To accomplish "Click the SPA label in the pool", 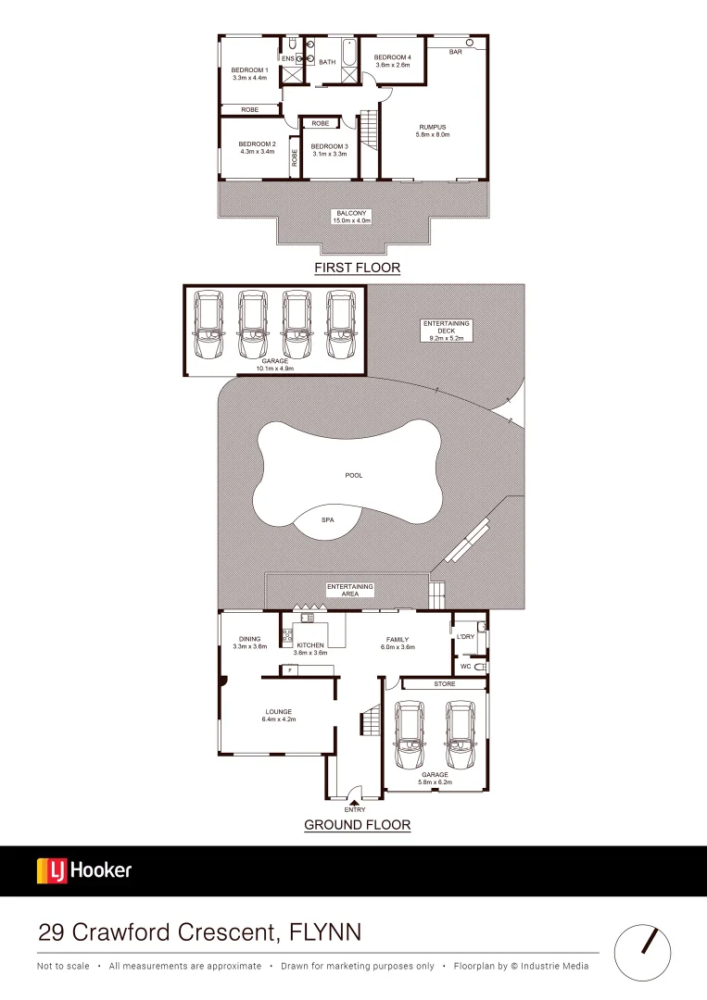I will click(327, 521).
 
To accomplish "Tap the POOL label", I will click(353, 475).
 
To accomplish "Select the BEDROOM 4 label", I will click(392, 57).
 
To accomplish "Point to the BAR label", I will click(455, 52).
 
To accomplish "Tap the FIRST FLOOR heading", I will click(357, 268).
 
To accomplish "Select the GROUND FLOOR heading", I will click(358, 824).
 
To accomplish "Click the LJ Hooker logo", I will click(84, 870).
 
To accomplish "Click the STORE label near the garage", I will click(445, 684).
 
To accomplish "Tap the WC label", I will click(465, 666).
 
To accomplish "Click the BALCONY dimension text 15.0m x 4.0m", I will click(353, 220).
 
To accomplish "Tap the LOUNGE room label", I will click(278, 712).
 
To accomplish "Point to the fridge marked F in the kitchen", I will click(291, 669).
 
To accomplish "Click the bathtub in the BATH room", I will click(349, 60).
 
